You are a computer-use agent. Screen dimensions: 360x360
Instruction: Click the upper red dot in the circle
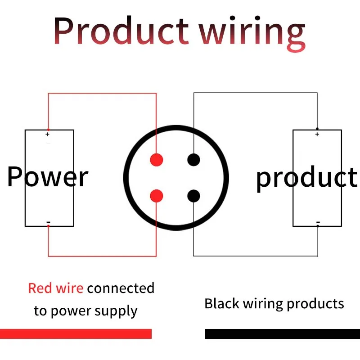pyautogui.click(x=156, y=160)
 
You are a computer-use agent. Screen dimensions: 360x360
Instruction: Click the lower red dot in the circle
pyautogui.click(x=156, y=196)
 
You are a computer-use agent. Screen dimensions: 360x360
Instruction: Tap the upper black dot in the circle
pyautogui.click(x=193, y=160)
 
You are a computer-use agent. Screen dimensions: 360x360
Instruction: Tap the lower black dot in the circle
pyautogui.click(x=193, y=196)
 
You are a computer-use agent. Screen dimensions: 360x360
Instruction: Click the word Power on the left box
pyautogui.click(x=48, y=177)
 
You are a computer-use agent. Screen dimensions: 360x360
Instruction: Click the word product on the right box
pyautogui.click(x=306, y=178)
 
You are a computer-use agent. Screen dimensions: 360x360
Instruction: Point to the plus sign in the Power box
pyautogui.click(x=48, y=134)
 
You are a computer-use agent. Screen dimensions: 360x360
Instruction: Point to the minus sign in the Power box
pyautogui.click(x=48, y=223)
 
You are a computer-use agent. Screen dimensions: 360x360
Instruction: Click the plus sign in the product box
pyautogui.click(x=317, y=134)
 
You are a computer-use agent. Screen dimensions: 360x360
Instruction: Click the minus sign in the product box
pyautogui.click(x=318, y=222)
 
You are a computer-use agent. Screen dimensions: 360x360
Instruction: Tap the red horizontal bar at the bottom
pyautogui.click(x=76, y=333)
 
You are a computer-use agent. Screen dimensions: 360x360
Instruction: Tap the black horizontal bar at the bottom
pyautogui.click(x=283, y=333)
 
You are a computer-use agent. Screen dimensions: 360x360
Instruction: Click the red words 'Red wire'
pyautogui.click(x=55, y=288)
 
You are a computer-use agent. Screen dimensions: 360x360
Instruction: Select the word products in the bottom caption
pyautogui.click(x=315, y=304)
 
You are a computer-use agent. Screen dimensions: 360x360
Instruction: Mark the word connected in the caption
pyautogui.click(x=121, y=288)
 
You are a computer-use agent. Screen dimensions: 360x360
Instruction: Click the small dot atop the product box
pyautogui.click(x=317, y=129)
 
